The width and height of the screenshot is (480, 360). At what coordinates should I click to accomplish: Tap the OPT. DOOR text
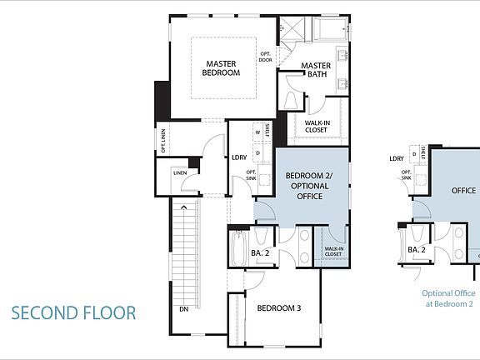[265, 56]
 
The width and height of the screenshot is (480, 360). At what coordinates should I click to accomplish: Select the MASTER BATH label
[317, 70]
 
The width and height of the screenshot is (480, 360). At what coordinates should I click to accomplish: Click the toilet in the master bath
[291, 99]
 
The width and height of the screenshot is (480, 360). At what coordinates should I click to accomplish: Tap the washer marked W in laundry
[257, 132]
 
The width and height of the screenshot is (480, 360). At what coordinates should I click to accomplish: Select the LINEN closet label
[180, 172]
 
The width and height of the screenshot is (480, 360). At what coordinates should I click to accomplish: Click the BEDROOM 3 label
[278, 307]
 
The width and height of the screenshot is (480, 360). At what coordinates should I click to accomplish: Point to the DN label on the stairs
[182, 310]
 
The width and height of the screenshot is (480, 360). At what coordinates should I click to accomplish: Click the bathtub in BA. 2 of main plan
[236, 247]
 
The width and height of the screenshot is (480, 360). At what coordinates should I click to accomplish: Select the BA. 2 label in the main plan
[260, 252]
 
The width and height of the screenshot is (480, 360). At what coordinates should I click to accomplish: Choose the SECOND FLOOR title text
[73, 313]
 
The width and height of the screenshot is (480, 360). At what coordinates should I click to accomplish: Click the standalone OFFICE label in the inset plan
[463, 190]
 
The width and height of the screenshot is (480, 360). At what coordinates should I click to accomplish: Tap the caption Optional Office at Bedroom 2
[447, 298]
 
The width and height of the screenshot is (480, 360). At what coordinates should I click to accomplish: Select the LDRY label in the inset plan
[396, 157]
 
